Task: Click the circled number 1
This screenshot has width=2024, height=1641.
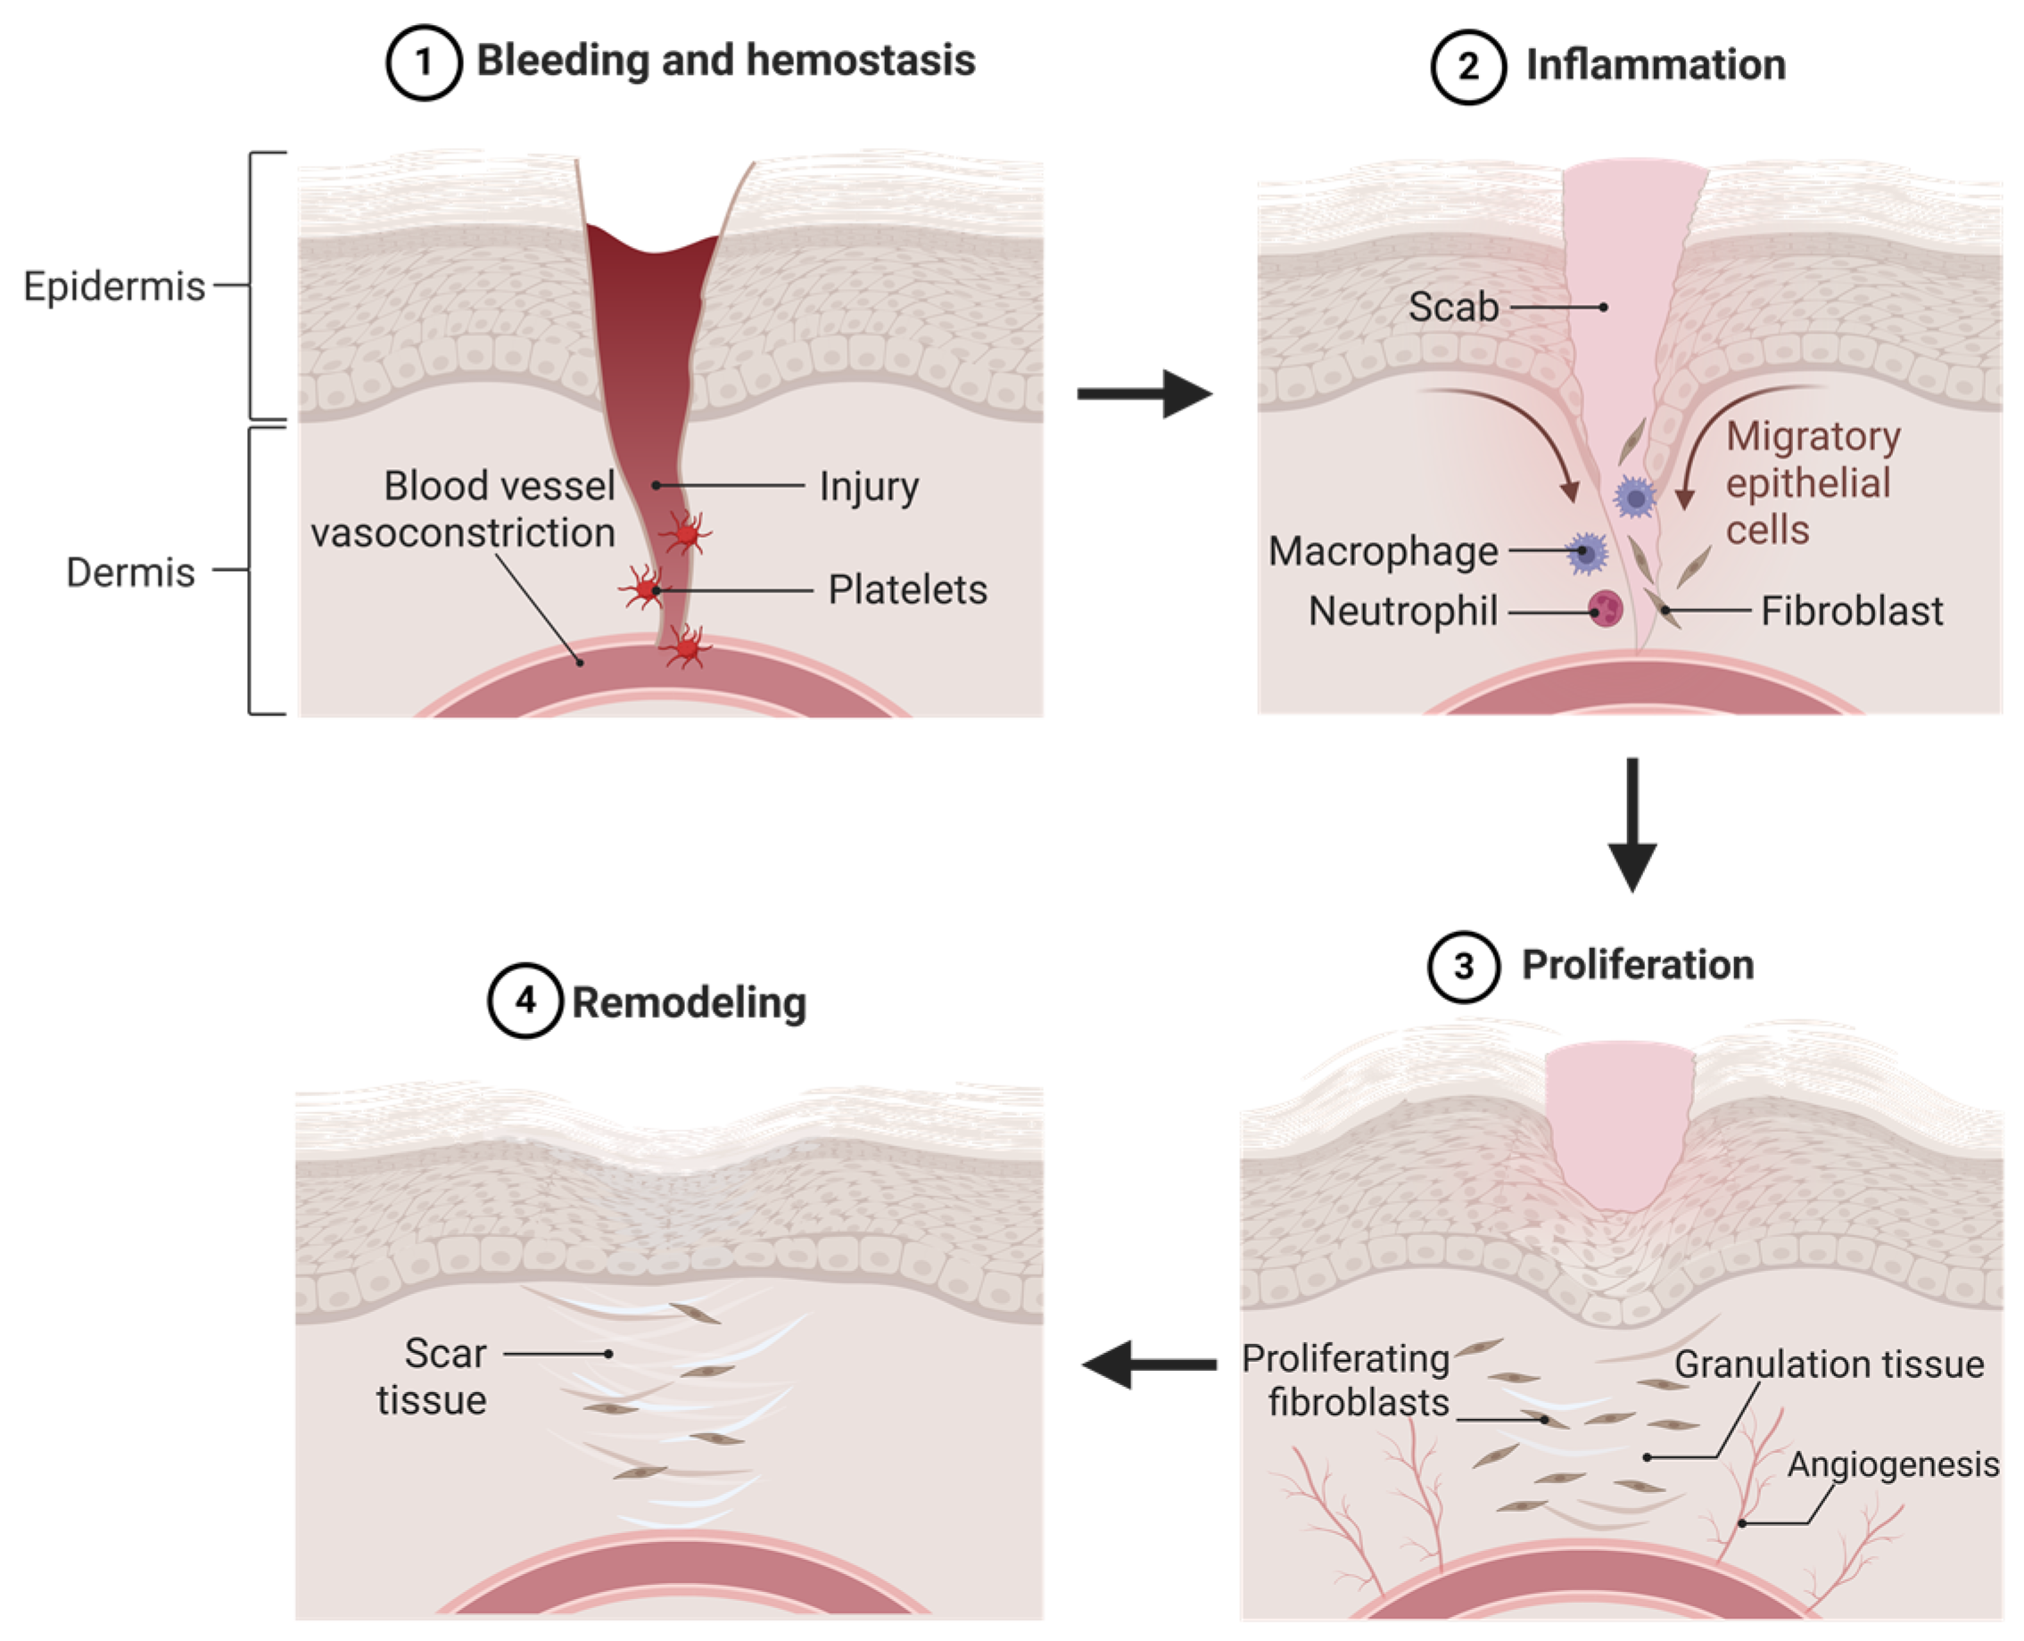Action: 423,63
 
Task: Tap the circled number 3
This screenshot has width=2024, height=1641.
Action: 1464,967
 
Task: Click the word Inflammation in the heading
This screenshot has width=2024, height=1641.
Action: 1656,65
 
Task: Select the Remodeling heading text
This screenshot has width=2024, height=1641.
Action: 689,1003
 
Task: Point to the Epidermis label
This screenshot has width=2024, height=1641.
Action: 113,285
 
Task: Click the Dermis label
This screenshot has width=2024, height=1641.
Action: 130,572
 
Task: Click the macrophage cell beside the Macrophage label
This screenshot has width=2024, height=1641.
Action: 1587,552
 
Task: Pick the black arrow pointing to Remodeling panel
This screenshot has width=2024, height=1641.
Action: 1149,1364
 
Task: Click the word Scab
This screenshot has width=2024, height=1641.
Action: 1453,307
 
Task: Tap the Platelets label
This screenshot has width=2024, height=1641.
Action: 906,590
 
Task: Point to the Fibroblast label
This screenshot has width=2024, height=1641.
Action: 1851,612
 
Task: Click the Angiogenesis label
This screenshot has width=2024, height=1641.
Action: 1893,1464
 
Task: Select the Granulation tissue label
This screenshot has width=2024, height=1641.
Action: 1829,1364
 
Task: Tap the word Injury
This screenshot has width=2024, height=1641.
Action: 868,487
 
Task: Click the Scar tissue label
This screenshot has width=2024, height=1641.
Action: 433,1376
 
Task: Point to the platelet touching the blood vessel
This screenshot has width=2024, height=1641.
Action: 685,648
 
